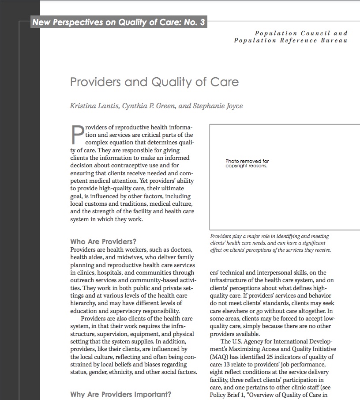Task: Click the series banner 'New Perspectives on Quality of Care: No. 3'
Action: (x=119, y=22)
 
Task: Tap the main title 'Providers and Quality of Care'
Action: (x=154, y=82)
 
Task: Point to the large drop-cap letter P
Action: (x=77, y=135)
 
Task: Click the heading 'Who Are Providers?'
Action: (x=103, y=242)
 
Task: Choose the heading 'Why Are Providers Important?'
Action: (x=121, y=394)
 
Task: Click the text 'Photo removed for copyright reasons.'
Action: (x=247, y=163)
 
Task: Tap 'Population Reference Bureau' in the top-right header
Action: (x=290, y=41)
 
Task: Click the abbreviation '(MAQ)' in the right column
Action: (x=219, y=357)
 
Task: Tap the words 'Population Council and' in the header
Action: (x=301, y=33)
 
